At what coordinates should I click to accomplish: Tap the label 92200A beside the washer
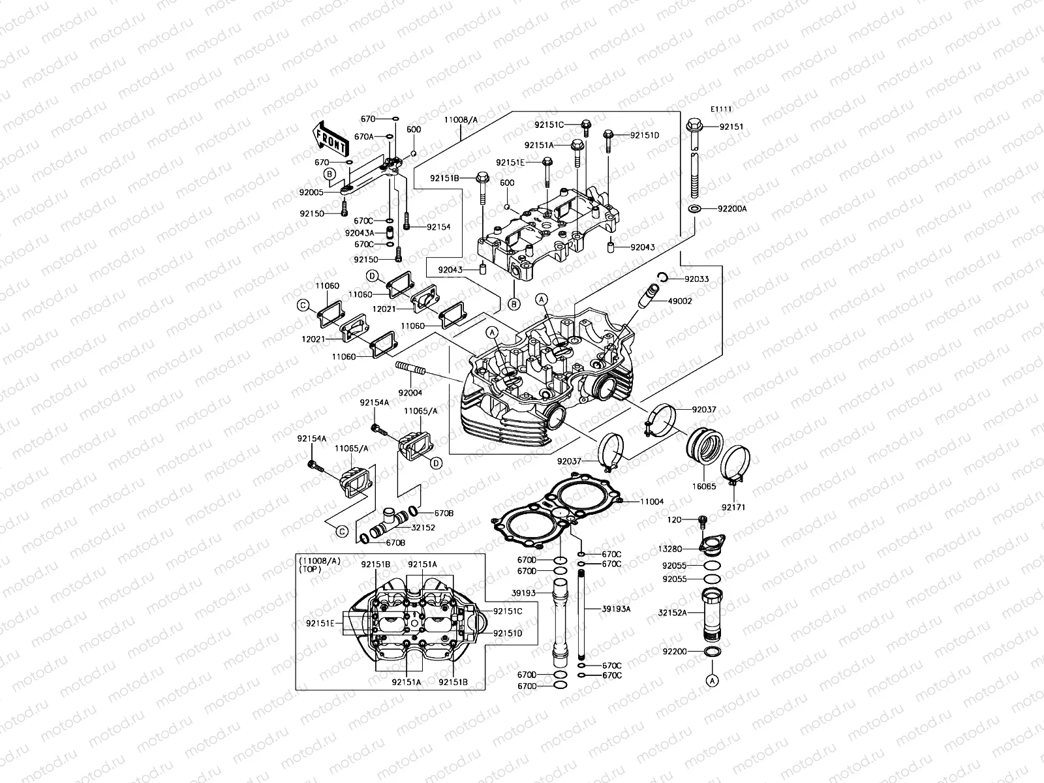tap(732, 209)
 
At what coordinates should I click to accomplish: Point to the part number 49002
tap(680, 301)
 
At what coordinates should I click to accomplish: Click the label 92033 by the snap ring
tap(696, 279)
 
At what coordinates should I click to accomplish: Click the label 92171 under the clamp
tap(733, 507)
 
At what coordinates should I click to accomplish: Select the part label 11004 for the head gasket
tap(651, 501)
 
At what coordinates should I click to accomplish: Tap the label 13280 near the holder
tap(673, 549)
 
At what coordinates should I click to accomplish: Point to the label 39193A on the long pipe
tap(616, 608)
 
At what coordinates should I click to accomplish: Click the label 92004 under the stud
tap(410, 392)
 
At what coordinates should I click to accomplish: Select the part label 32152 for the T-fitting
tap(423, 527)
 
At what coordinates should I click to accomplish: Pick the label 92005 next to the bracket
tap(313, 192)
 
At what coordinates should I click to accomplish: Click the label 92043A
tap(360, 233)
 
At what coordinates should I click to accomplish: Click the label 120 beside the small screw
tap(674, 519)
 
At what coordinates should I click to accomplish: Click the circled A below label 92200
tap(712, 679)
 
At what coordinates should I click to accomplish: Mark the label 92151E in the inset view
tap(320, 623)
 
